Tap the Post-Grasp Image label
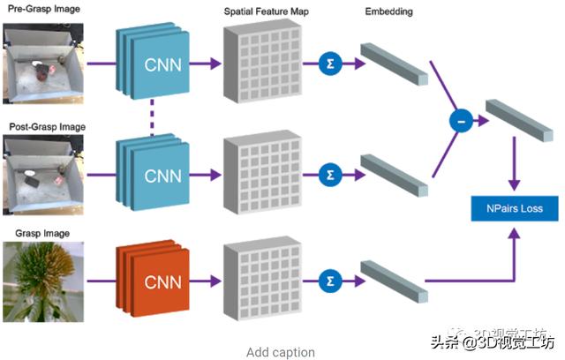(x=46, y=127)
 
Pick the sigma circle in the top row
(x=331, y=64)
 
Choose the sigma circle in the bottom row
(x=331, y=281)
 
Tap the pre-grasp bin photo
(x=44, y=62)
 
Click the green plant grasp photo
(x=44, y=284)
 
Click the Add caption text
(x=280, y=352)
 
